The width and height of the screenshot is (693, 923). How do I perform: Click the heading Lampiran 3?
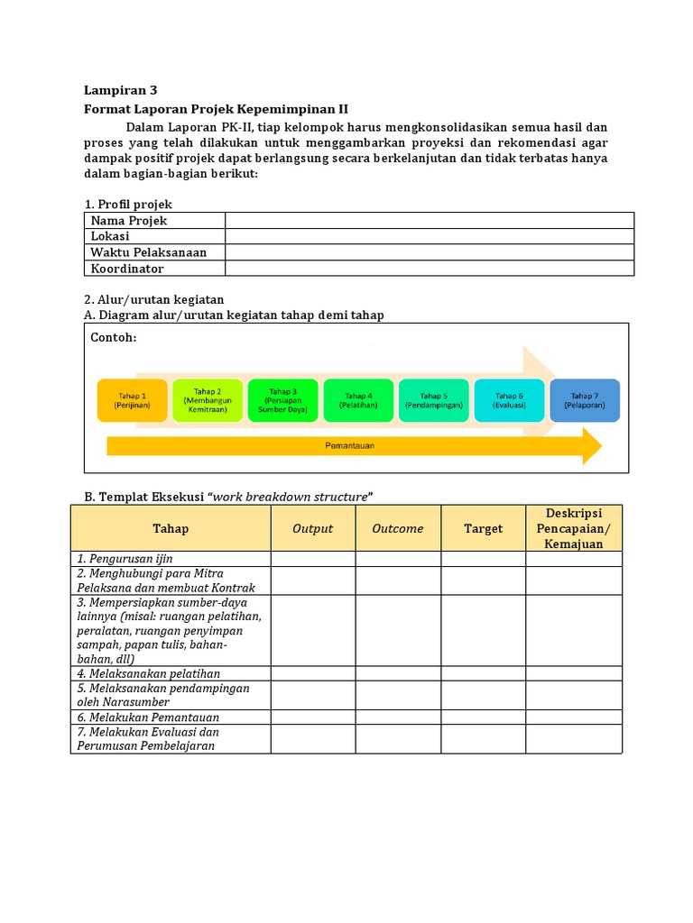tap(120, 90)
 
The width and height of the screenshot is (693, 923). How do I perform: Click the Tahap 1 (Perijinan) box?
tap(132, 400)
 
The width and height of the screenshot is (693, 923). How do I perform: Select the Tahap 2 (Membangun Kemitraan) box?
tap(207, 400)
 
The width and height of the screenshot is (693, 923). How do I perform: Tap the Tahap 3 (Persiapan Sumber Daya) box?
tap(282, 400)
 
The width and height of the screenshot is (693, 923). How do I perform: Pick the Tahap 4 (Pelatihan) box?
tap(357, 400)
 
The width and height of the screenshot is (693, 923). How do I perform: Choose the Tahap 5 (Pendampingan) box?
tap(433, 400)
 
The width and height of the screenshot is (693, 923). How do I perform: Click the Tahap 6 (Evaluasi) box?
tap(509, 400)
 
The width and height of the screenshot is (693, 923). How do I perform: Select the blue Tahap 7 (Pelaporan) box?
tap(584, 400)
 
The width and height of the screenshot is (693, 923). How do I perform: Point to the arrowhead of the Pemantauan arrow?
tap(591, 446)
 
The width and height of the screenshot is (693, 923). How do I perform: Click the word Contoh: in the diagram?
tap(114, 337)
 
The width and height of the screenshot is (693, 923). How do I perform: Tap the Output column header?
tap(312, 529)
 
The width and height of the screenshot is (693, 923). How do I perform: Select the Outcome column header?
tap(397, 529)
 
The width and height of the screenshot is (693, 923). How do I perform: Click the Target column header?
tap(483, 529)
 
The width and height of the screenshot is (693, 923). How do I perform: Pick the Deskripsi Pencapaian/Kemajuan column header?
tap(573, 528)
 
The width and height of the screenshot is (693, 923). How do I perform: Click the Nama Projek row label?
tap(128, 221)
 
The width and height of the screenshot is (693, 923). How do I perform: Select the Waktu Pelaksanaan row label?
tap(148, 252)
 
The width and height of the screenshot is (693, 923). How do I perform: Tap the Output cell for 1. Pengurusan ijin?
tap(312, 559)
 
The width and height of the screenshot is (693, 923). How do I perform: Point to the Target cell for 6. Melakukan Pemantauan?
tap(483, 717)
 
